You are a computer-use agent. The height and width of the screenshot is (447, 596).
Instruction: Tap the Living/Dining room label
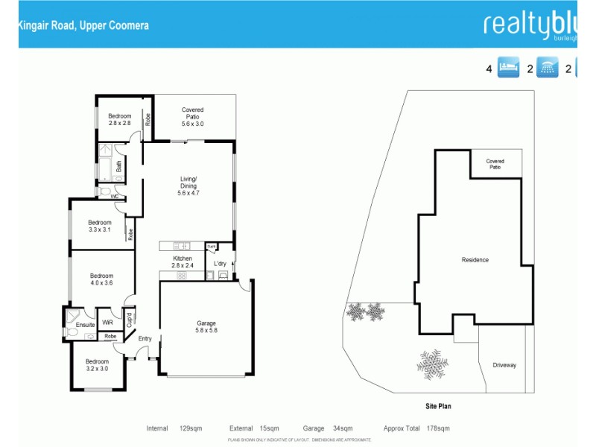188,186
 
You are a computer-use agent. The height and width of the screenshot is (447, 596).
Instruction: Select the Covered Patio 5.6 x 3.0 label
192,117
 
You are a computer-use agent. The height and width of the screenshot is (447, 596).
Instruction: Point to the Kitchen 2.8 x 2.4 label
183,261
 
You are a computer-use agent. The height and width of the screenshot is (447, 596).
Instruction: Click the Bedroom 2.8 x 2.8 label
119,120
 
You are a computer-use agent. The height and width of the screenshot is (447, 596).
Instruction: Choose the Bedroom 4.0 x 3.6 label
101,279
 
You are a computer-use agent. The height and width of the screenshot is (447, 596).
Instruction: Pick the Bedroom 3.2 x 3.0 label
97,365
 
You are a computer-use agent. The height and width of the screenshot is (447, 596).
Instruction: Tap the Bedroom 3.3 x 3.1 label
100,226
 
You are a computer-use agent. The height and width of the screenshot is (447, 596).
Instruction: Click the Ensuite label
85,325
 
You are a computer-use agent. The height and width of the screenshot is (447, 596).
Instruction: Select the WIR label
107,323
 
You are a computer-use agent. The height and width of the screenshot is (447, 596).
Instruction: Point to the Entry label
145,339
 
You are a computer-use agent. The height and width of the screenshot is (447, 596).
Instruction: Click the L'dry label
221,264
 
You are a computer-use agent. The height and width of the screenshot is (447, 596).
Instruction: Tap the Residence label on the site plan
475,260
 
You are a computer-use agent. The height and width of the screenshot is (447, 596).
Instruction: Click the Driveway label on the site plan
504,365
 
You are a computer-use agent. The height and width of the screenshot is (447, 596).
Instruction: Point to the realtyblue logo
530,25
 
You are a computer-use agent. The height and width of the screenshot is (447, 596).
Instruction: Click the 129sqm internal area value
191,428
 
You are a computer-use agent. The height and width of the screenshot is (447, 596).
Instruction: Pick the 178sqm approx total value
438,428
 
